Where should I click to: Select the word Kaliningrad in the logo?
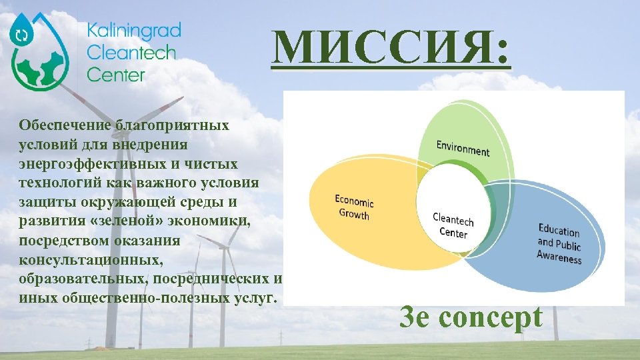tap(133, 31)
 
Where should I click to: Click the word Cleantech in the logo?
tap(131, 52)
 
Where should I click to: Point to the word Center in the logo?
tap(115, 73)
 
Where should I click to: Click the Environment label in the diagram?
tap(463, 148)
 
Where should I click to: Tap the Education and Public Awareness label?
tap(559, 244)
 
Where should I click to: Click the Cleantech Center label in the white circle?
tap(453, 225)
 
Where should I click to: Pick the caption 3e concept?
tap(471, 318)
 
